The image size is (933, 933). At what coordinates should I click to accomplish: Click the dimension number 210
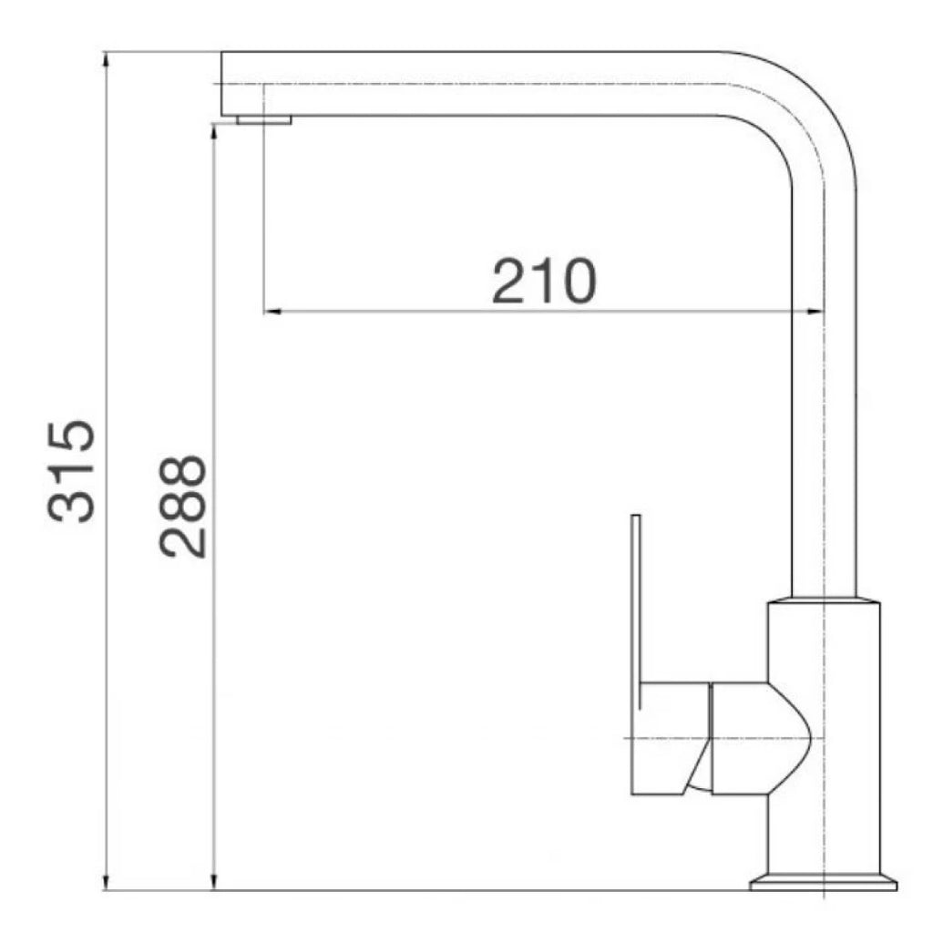[544, 281]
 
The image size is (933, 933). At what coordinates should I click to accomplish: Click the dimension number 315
[71, 471]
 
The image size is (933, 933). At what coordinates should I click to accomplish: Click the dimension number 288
[182, 507]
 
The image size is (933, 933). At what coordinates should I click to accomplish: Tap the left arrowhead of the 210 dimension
[272, 312]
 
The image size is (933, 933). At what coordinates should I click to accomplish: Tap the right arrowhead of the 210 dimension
[815, 312]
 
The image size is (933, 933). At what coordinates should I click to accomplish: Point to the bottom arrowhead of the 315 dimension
[106, 881]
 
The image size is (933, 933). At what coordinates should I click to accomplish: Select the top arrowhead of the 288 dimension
[213, 133]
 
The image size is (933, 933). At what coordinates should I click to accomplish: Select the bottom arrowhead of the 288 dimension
[213, 881]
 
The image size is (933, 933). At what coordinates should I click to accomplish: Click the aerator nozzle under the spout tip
[264, 119]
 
